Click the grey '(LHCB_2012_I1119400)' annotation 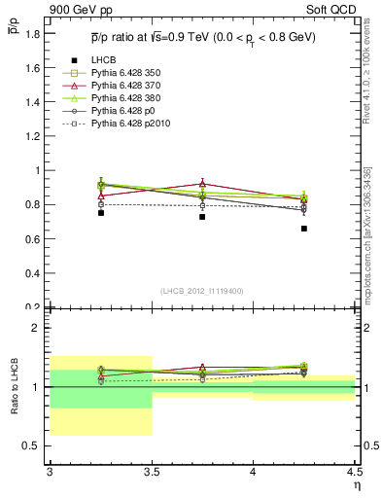[x=202, y=291]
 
